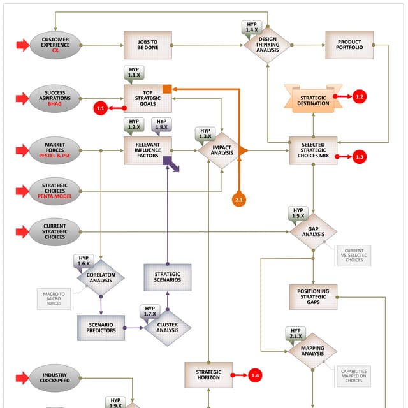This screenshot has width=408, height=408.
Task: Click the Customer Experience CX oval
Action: [x=55, y=45]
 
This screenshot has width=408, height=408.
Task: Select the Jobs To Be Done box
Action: [x=148, y=45]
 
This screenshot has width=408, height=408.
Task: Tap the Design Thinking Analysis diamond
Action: [x=268, y=45]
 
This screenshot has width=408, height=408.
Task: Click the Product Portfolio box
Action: [x=349, y=45]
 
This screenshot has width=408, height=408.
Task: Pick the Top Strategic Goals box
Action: [x=148, y=98]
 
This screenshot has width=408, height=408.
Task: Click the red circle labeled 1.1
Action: [x=101, y=108]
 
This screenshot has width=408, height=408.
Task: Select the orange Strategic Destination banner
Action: [x=313, y=99]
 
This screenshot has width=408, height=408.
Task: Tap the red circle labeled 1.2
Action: [x=360, y=97]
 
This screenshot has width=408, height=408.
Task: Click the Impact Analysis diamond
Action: [x=218, y=150]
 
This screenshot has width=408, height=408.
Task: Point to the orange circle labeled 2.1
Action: [x=239, y=199]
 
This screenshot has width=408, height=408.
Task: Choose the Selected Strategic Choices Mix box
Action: [x=313, y=150]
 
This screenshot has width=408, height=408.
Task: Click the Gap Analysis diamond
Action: [x=313, y=231]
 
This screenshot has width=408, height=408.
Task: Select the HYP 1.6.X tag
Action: [x=84, y=261]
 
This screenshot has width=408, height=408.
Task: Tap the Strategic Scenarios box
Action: [x=168, y=277]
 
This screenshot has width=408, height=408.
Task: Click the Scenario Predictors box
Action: [x=101, y=328]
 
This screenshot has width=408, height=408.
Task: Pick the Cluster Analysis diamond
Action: [x=168, y=328]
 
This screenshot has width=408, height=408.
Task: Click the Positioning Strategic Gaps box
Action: [x=313, y=296]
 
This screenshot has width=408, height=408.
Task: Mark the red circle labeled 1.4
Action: [x=256, y=375]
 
